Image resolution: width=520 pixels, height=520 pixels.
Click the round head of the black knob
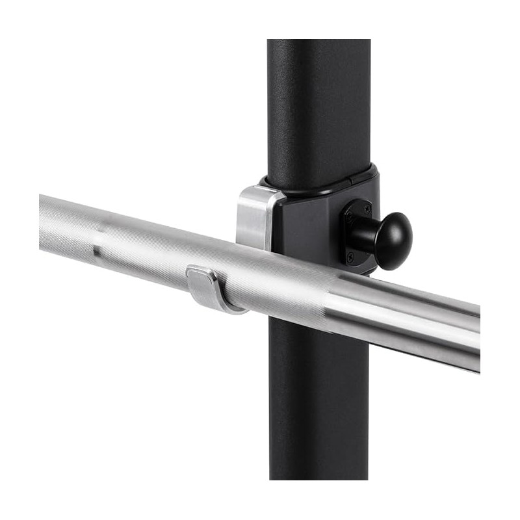pyautogui.click(x=394, y=240)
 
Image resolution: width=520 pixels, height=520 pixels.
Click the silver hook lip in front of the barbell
pyautogui.click(x=207, y=289)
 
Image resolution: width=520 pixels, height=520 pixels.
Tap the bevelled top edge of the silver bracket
pyautogui.click(x=260, y=190)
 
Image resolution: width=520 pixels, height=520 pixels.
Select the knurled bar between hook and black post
pyautogui.click(x=260, y=286)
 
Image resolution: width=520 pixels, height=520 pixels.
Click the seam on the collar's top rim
pyautogui.click(x=352, y=175)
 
